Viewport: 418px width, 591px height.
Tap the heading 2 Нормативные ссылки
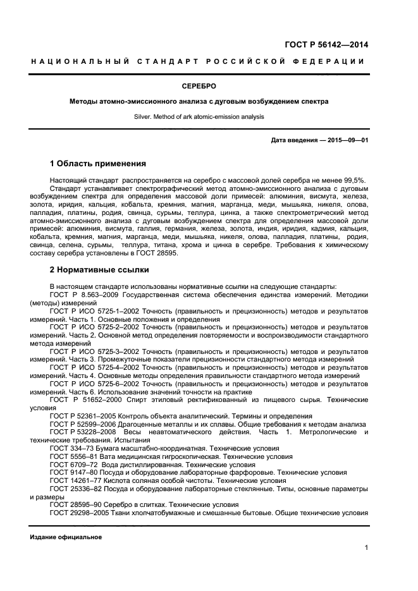(x=99, y=270)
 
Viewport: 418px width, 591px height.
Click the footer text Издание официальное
(x=66, y=537)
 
